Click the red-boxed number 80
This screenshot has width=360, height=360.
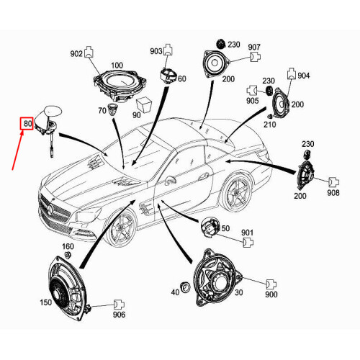click(x=27, y=124)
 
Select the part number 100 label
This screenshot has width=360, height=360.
click(x=117, y=66)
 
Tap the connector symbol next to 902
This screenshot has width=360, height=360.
click(x=89, y=52)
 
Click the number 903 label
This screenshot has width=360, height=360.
click(x=156, y=51)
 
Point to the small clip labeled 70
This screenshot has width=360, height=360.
click(x=112, y=109)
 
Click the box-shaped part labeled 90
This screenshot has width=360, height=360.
click(x=144, y=104)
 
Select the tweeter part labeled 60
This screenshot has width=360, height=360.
click(x=168, y=75)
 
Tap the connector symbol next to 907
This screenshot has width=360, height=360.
click(x=256, y=57)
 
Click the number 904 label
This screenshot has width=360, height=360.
click(x=304, y=76)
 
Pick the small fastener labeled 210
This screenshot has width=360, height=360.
click(x=270, y=117)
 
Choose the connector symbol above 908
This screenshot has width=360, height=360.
click(x=334, y=182)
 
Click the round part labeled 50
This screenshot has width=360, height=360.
click(x=210, y=227)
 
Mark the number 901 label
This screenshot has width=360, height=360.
click(x=247, y=233)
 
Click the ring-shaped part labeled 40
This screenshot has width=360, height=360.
click(x=185, y=287)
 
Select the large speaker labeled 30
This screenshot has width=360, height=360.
click(x=217, y=279)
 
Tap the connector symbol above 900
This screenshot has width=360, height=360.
click(x=271, y=284)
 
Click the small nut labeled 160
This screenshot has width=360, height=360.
click(x=68, y=255)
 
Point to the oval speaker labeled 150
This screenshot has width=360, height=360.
click(x=67, y=290)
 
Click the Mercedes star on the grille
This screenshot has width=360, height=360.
click(x=50, y=209)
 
